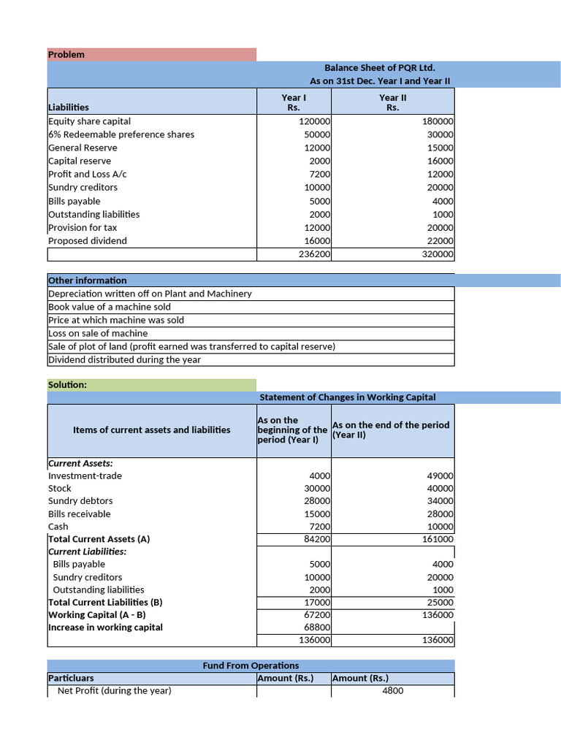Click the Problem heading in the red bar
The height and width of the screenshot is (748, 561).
66,55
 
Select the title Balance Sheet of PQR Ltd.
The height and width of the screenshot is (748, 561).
380,68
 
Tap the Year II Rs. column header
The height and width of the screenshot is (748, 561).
392,102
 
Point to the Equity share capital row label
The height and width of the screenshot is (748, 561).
89,121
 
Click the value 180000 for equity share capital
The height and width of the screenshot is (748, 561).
438,121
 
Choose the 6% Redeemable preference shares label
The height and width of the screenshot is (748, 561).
121,134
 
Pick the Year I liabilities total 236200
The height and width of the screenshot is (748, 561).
315,254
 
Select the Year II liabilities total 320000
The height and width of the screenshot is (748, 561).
438,254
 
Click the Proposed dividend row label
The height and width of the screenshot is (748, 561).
87,241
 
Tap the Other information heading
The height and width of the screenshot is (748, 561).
87,280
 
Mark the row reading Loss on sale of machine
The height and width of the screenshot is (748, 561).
98,333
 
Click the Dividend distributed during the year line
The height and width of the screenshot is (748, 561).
124,359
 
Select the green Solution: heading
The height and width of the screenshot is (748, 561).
67,384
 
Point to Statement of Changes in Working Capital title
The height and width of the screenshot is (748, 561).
348,397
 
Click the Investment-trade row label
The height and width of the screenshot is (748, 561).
85,476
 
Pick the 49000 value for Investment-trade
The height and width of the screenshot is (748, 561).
440,476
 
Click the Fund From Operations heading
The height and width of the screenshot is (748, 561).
251,665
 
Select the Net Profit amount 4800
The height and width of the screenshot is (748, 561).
392,691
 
